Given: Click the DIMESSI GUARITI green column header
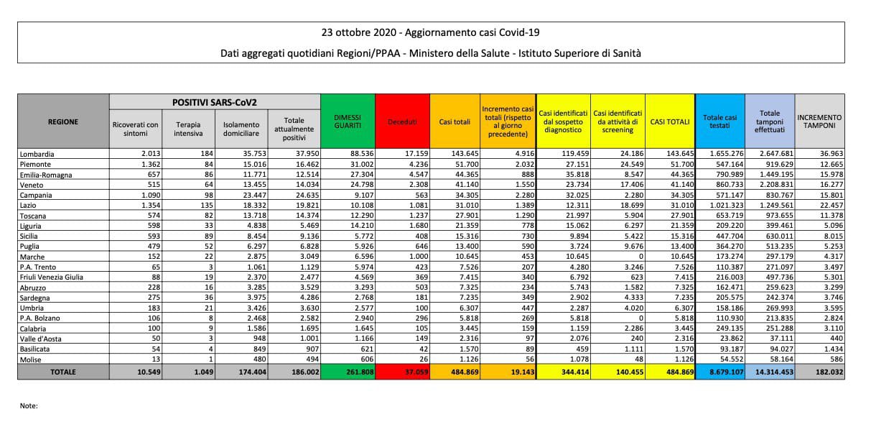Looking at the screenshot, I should [x=348, y=121].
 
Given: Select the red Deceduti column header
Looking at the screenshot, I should [x=402, y=121].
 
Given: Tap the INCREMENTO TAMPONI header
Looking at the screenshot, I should [x=819, y=121].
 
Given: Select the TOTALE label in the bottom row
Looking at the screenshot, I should [x=62, y=372].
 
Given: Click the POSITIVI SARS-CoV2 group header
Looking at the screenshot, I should [x=215, y=101].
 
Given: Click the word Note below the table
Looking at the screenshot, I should [x=29, y=406].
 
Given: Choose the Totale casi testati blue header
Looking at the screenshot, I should [x=719, y=121].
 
